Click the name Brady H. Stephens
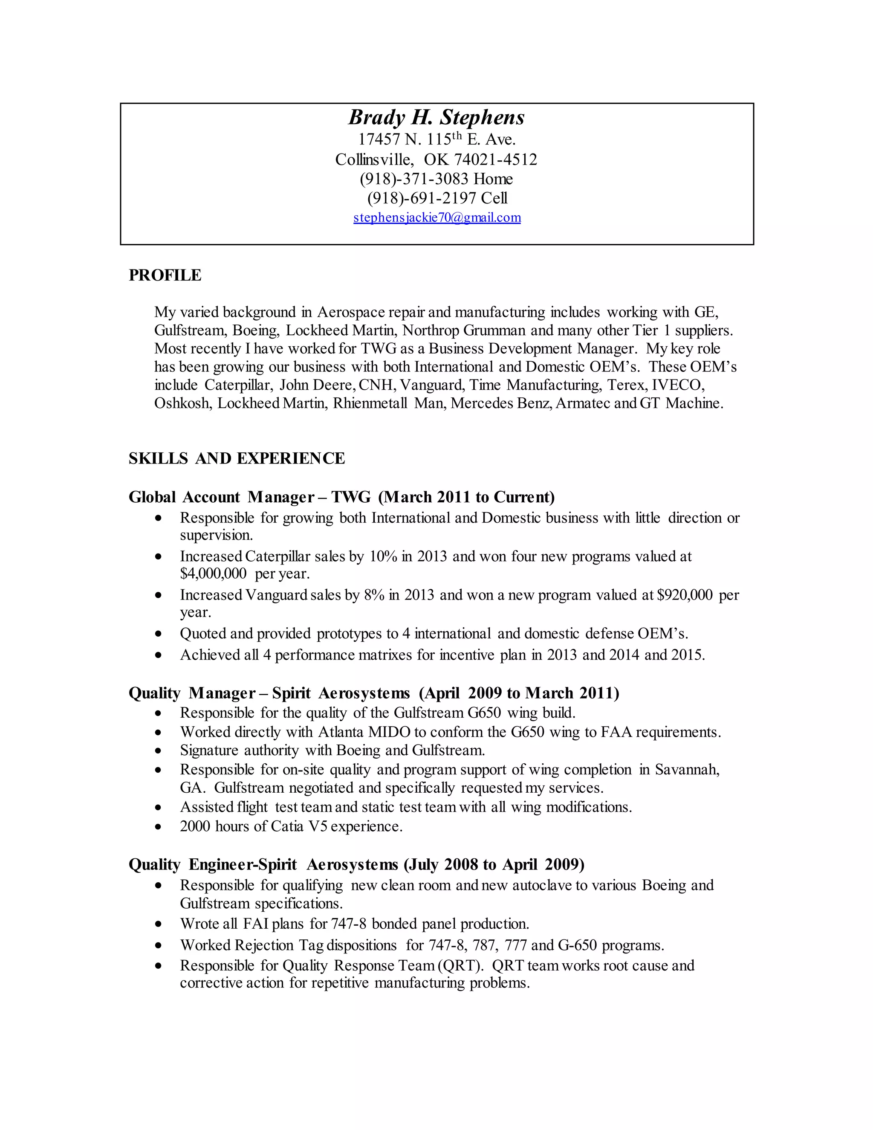click(x=436, y=117)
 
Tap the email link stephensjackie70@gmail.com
click(x=437, y=217)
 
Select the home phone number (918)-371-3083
click(x=414, y=179)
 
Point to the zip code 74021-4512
click(x=495, y=159)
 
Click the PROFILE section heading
click(x=165, y=275)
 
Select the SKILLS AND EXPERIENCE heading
click(x=236, y=458)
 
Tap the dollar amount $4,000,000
click(x=213, y=573)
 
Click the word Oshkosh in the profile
click(x=182, y=403)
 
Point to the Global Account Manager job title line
click(x=341, y=497)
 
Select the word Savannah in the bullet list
click(x=687, y=769)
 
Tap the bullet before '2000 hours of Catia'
click(x=159, y=827)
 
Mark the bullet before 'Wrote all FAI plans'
click(x=159, y=924)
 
